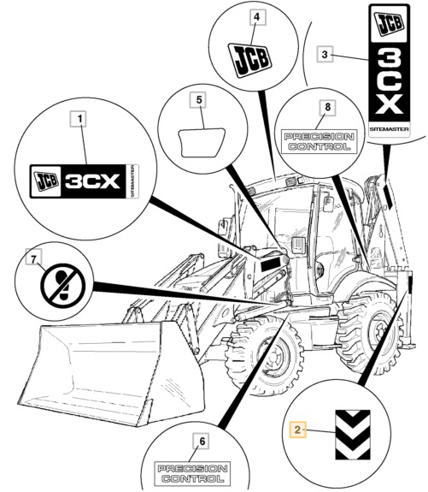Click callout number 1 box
pyautogui.click(x=80, y=119)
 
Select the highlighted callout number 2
pyautogui.click(x=297, y=430)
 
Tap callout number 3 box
pyautogui.click(x=325, y=55)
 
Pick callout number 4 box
pyautogui.click(x=256, y=17)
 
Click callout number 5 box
pyautogui.click(x=199, y=100)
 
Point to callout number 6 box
pyautogui.click(x=202, y=441)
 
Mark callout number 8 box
pyautogui.click(x=327, y=107)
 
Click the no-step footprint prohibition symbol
pyautogui.click(x=62, y=286)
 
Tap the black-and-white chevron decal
pyautogui.click(x=353, y=435)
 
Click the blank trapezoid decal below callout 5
pyautogui.click(x=202, y=142)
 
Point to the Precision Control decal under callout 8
pyautogui.click(x=319, y=141)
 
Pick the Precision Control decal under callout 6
pyautogui.click(x=192, y=474)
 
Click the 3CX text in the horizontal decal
pyautogui.click(x=93, y=181)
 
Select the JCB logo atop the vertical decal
pyautogui.click(x=390, y=23)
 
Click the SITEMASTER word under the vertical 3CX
pyautogui.click(x=389, y=129)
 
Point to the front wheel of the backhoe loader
pyautogui.click(x=264, y=354)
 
